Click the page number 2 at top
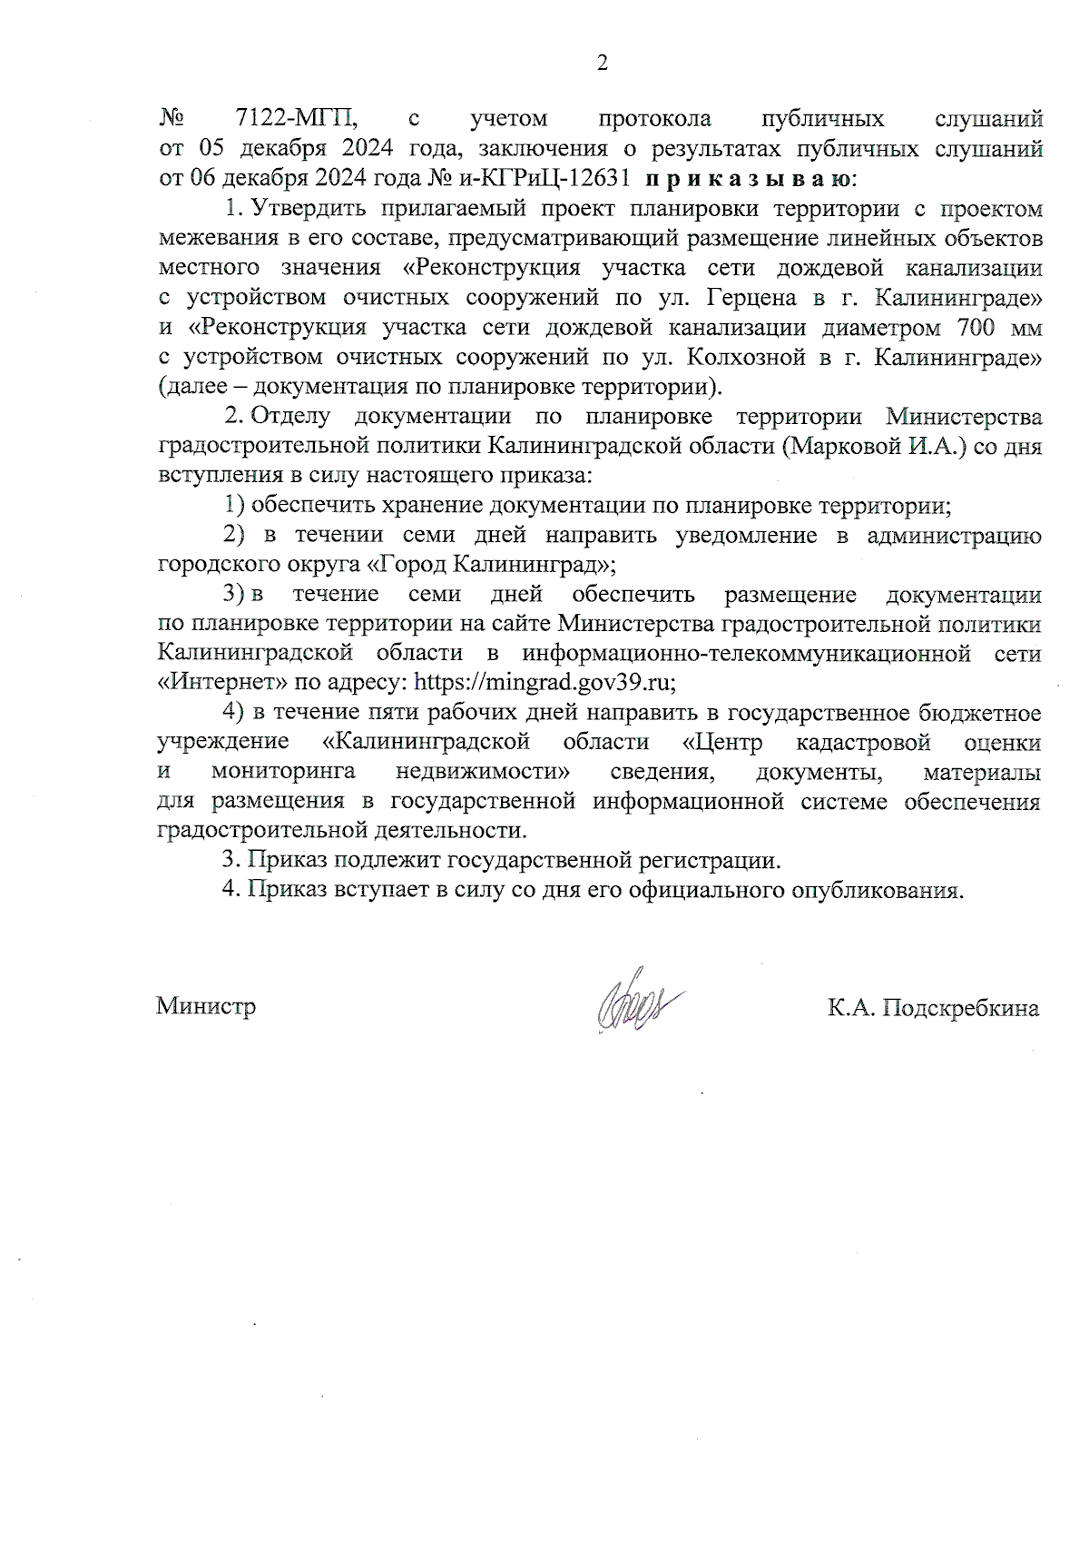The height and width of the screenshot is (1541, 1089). coord(601,63)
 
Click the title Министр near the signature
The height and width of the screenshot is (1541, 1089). coord(206,1007)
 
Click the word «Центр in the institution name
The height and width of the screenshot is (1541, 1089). coord(722,742)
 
